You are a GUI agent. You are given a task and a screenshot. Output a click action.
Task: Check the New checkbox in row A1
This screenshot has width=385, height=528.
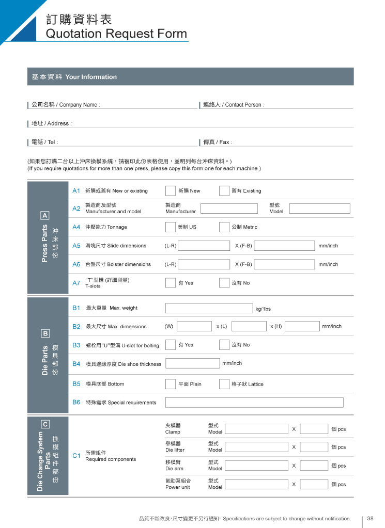pyautogui.click(x=170, y=191)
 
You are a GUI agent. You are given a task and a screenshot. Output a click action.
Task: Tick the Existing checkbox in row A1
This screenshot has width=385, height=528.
pyautogui.click(x=224, y=191)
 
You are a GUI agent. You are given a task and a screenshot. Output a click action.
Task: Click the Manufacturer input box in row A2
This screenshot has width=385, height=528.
pyautogui.click(x=229, y=209)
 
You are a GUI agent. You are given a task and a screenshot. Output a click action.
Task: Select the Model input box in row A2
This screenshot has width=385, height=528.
pyautogui.click(x=319, y=209)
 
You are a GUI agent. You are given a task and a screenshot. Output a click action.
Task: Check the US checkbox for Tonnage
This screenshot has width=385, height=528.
pyautogui.click(x=170, y=227)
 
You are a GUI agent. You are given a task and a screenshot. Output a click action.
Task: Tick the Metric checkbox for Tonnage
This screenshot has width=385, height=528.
pyautogui.click(x=224, y=227)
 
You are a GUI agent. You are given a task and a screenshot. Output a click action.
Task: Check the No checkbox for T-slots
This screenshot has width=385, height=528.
pyautogui.click(x=224, y=283)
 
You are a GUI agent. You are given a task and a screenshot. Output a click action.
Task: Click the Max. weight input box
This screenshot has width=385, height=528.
pyautogui.click(x=209, y=308)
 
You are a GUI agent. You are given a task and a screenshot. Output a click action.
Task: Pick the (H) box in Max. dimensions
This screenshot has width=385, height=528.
pyautogui.click(x=302, y=326)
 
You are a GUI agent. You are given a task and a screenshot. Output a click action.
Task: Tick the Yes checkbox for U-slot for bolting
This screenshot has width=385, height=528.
pyautogui.click(x=170, y=345)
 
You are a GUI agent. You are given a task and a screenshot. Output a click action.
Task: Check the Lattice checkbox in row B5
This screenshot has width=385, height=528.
pyautogui.click(x=224, y=384)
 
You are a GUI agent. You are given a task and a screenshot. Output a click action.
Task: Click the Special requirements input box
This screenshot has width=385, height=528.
pyautogui.click(x=254, y=403)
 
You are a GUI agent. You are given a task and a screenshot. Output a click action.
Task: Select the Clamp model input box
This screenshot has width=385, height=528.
pyautogui.click(x=256, y=429)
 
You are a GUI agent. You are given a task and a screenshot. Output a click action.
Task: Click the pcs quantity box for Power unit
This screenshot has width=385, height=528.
pyautogui.click(x=314, y=484)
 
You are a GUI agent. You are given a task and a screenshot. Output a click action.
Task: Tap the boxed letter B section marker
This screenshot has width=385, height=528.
pyautogui.click(x=45, y=333)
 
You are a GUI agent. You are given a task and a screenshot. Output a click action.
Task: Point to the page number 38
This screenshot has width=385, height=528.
pyautogui.click(x=371, y=518)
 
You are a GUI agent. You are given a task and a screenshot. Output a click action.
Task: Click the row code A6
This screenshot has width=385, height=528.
pyautogui.click(x=76, y=264)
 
